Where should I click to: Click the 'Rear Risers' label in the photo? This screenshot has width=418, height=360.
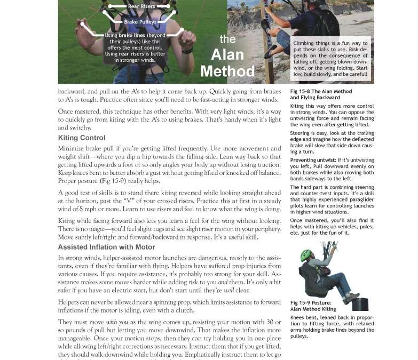pos(141,6)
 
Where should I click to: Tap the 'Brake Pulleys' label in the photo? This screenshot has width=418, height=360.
pos(140,22)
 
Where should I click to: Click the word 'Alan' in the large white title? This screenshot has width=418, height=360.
pos(228,54)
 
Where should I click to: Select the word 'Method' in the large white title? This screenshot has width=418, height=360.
pos(227,70)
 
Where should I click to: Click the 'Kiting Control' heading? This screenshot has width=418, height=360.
pos(81,138)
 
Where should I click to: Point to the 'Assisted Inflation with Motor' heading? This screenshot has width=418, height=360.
pos(106,247)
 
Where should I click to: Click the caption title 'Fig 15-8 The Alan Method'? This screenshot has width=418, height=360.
pos(321,91)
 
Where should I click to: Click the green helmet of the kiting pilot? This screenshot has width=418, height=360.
pos(306,255)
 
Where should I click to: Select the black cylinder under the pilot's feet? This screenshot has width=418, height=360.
pos(360,304)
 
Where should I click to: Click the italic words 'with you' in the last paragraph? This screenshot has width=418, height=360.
pos(117,322)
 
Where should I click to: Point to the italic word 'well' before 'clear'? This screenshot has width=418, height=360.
pos(228,290)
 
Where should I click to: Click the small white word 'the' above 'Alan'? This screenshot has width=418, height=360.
pos(228,39)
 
